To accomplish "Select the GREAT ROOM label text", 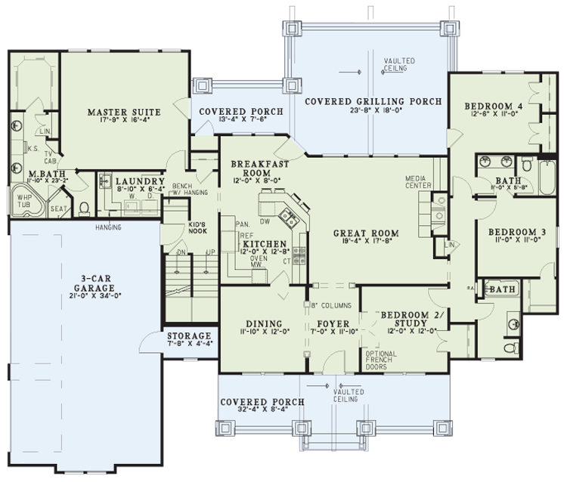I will (x=365, y=233).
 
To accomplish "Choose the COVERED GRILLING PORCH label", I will (x=373, y=100).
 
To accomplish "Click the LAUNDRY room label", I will (x=140, y=182).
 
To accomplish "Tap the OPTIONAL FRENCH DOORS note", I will (x=380, y=361).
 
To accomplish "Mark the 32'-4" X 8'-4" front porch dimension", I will (x=261, y=412).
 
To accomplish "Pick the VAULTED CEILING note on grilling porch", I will (x=395, y=64).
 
